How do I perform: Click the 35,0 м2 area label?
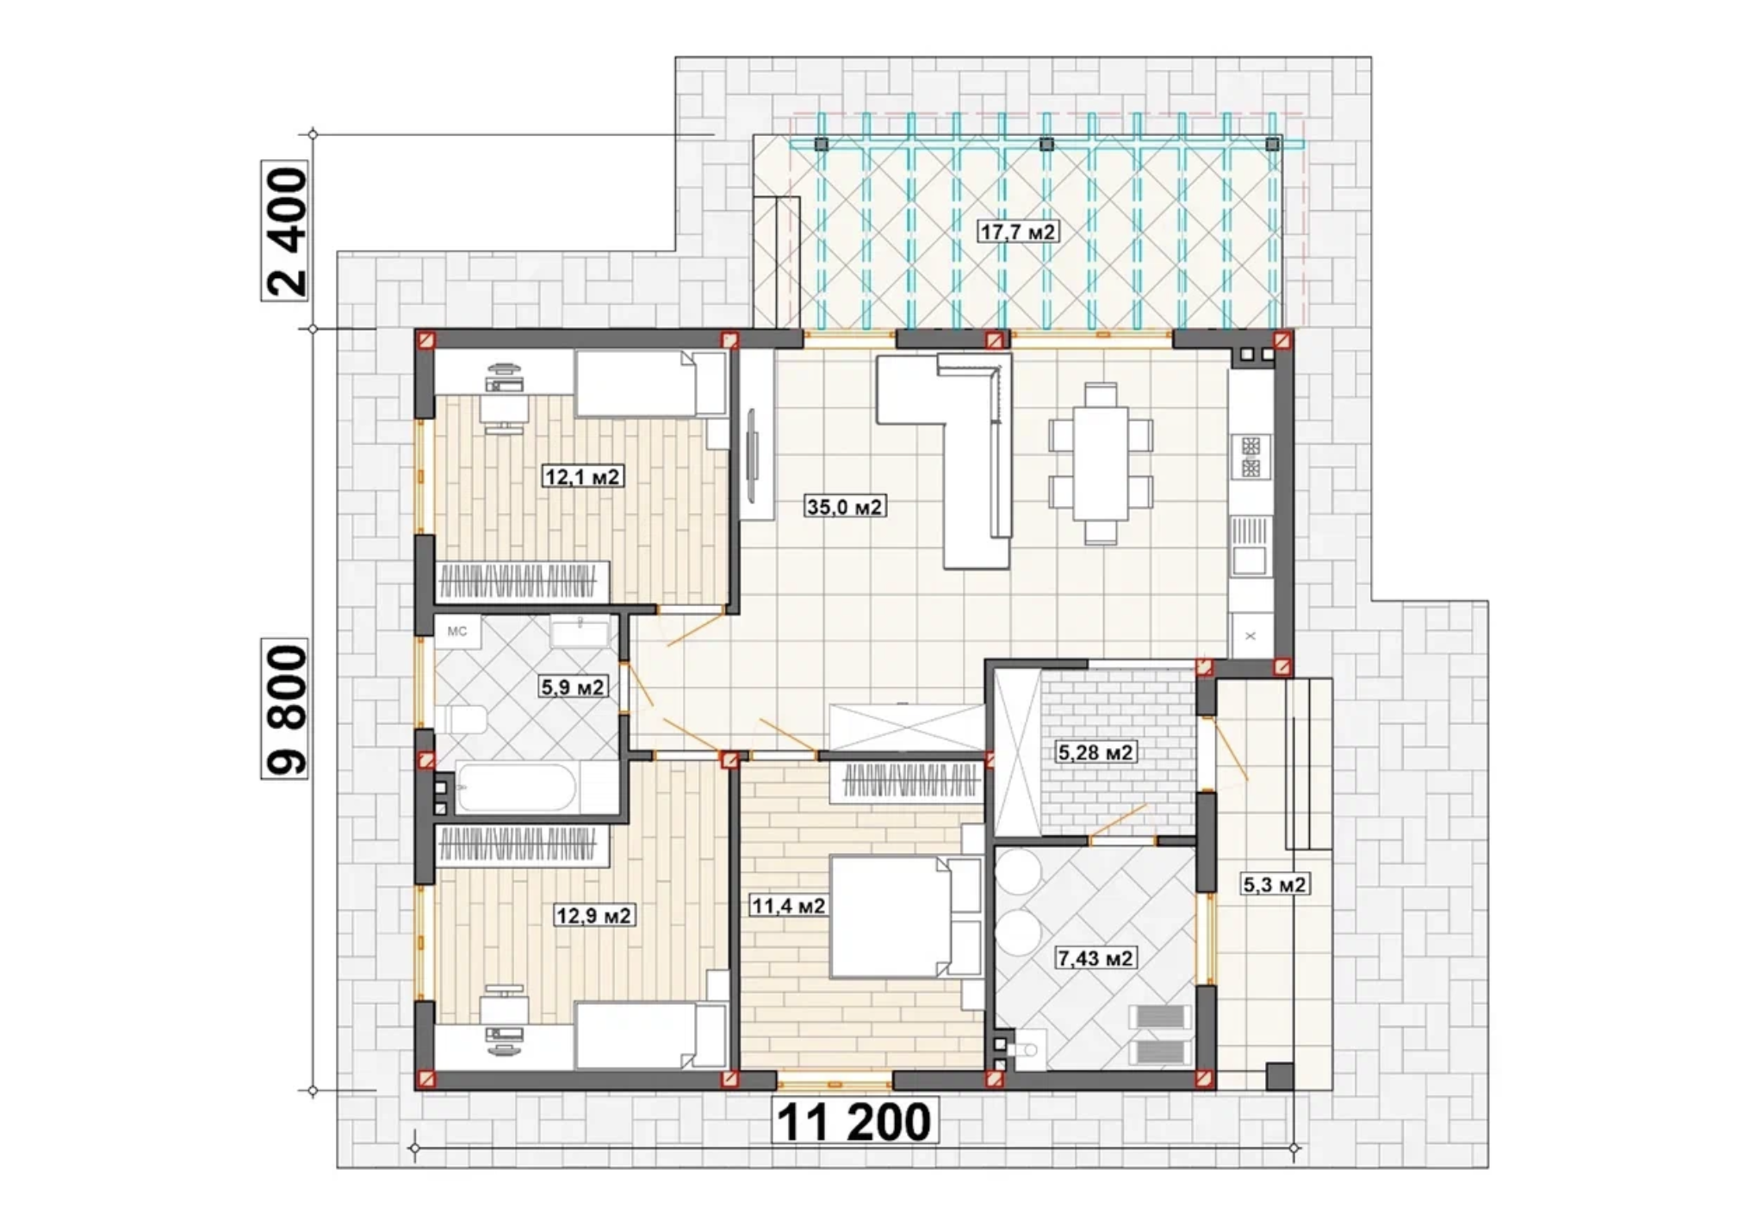click(845, 507)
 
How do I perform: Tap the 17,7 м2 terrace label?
click(1018, 232)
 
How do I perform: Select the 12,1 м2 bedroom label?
click(582, 476)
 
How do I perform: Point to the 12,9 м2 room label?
click(595, 914)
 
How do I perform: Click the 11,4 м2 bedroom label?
click(788, 906)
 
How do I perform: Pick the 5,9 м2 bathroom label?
click(573, 686)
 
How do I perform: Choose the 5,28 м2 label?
click(1095, 752)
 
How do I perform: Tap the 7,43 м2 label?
click(1095, 957)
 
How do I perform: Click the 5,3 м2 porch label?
click(1275, 884)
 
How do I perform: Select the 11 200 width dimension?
click(853, 1122)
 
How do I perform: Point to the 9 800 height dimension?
click(285, 710)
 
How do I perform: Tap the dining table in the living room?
click(1101, 464)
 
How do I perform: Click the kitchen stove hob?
click(1251, 457)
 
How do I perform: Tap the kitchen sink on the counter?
click(1250, 546)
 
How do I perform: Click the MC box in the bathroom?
click(457, 632)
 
